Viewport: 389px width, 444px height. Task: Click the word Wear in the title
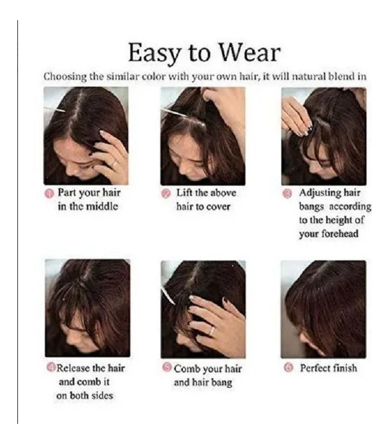[x=250, y=53]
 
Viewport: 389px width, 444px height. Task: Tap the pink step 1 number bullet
[x=50, y=194]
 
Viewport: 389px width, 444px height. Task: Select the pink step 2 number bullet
[x=166, y=194]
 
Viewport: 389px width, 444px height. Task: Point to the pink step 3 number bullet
[x=287, y=194]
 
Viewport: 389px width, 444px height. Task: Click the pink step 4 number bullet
[x=51, y=368]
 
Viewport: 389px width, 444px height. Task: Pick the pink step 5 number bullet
[x=168, y=367]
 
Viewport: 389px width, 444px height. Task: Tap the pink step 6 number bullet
[x=288, y=368]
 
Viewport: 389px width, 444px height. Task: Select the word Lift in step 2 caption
[x=184, y=193]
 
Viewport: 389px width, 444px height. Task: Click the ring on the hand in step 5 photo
[x=211, y=331]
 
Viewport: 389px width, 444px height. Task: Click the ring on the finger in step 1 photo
[x=114, y=163]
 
